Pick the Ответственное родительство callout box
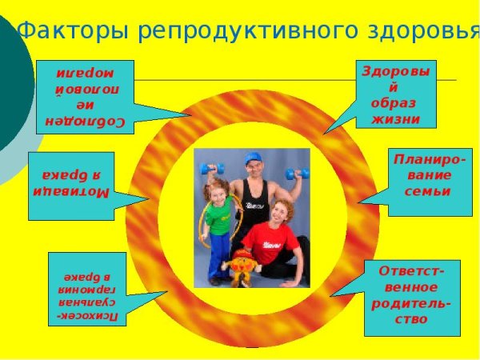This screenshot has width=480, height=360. click(411, 297)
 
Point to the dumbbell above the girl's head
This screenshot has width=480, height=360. click(213, 170)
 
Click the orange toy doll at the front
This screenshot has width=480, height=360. click(240, 264)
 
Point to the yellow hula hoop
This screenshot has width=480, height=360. click(203, 228)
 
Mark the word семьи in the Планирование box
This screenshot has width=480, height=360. click(428, 190)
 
